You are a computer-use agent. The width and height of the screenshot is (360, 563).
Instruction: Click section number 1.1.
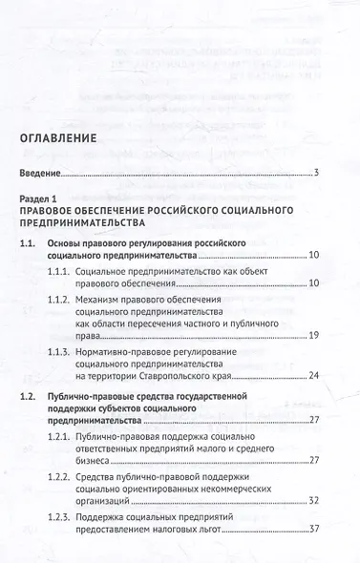31,245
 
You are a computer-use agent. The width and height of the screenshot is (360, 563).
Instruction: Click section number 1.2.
31,421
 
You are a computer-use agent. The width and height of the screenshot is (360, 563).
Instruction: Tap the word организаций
110,528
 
